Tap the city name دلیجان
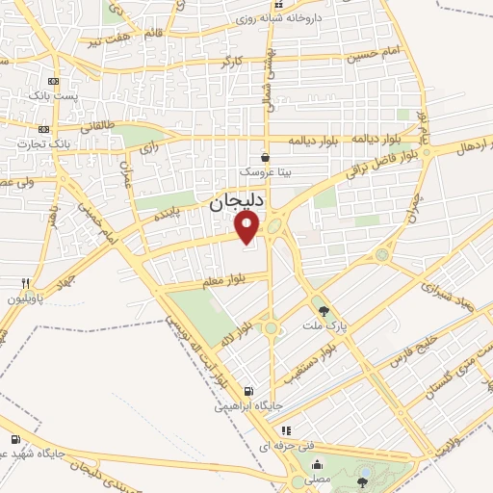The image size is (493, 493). pyautogui.click(x=235, y=203)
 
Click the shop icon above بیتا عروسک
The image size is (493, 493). pyautogui.click(x=266, y=157)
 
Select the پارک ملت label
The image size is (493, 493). pyautogui.click(x=324, y=326)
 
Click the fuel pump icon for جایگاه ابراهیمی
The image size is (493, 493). pyautogui.click(x=250, y=392)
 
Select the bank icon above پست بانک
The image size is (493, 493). pyautogui.click(x=53, y=82)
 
